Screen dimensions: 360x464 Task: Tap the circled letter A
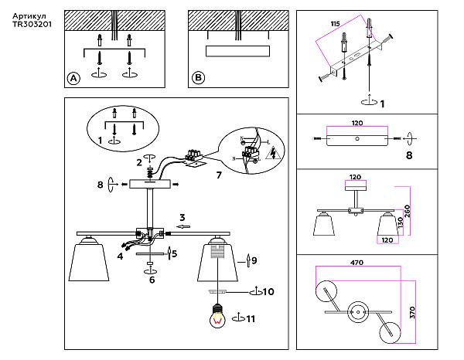point(73,78)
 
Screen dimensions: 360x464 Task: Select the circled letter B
point(198,78)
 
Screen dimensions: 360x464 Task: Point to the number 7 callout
point(219,175)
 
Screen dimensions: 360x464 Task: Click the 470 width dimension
point(356,263)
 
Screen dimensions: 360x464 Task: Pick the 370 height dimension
point(413,312)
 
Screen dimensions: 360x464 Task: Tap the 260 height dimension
point(406,211)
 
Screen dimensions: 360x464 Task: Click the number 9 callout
point(254,260)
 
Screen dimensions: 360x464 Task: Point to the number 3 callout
point(182,217)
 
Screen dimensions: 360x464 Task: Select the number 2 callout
point(139,162)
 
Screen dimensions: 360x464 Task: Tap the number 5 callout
point(175,253)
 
